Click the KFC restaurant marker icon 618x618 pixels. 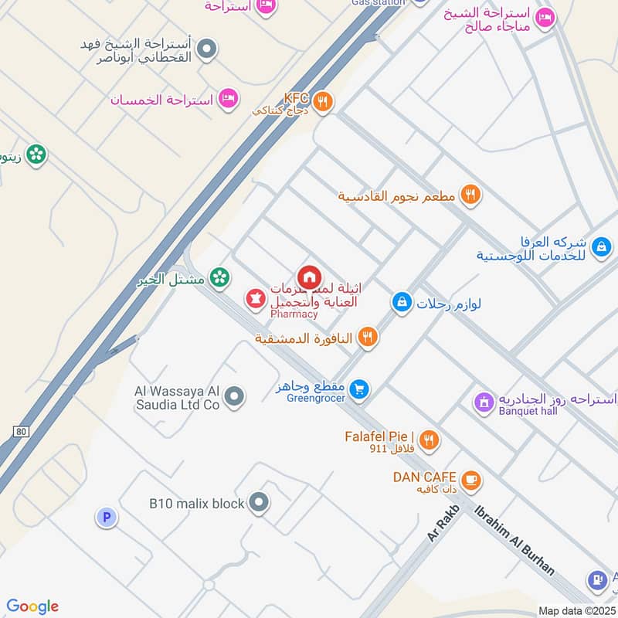click(323, 101)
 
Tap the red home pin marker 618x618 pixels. click(309, 277)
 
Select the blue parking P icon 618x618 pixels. click(107, 518)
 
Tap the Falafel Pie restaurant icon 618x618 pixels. click(429, 440)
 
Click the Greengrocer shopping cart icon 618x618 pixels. click(358, 389)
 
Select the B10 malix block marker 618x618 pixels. click(260, 503)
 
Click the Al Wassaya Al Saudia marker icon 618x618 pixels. click(236, 397)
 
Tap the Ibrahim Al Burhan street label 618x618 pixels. click(514, 540)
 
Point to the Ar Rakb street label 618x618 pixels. click(443, 525)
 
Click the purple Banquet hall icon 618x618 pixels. click(484, 402)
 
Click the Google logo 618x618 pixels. click(32, 606)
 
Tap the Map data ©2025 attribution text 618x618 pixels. click(576, 611)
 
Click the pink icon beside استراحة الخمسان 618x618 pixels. click(228, 99)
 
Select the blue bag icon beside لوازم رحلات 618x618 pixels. click(401, 303)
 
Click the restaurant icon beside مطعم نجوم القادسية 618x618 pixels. click(470, 195)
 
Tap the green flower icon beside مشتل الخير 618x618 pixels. click(220, 277)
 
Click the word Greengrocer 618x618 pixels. click(314, 400)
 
